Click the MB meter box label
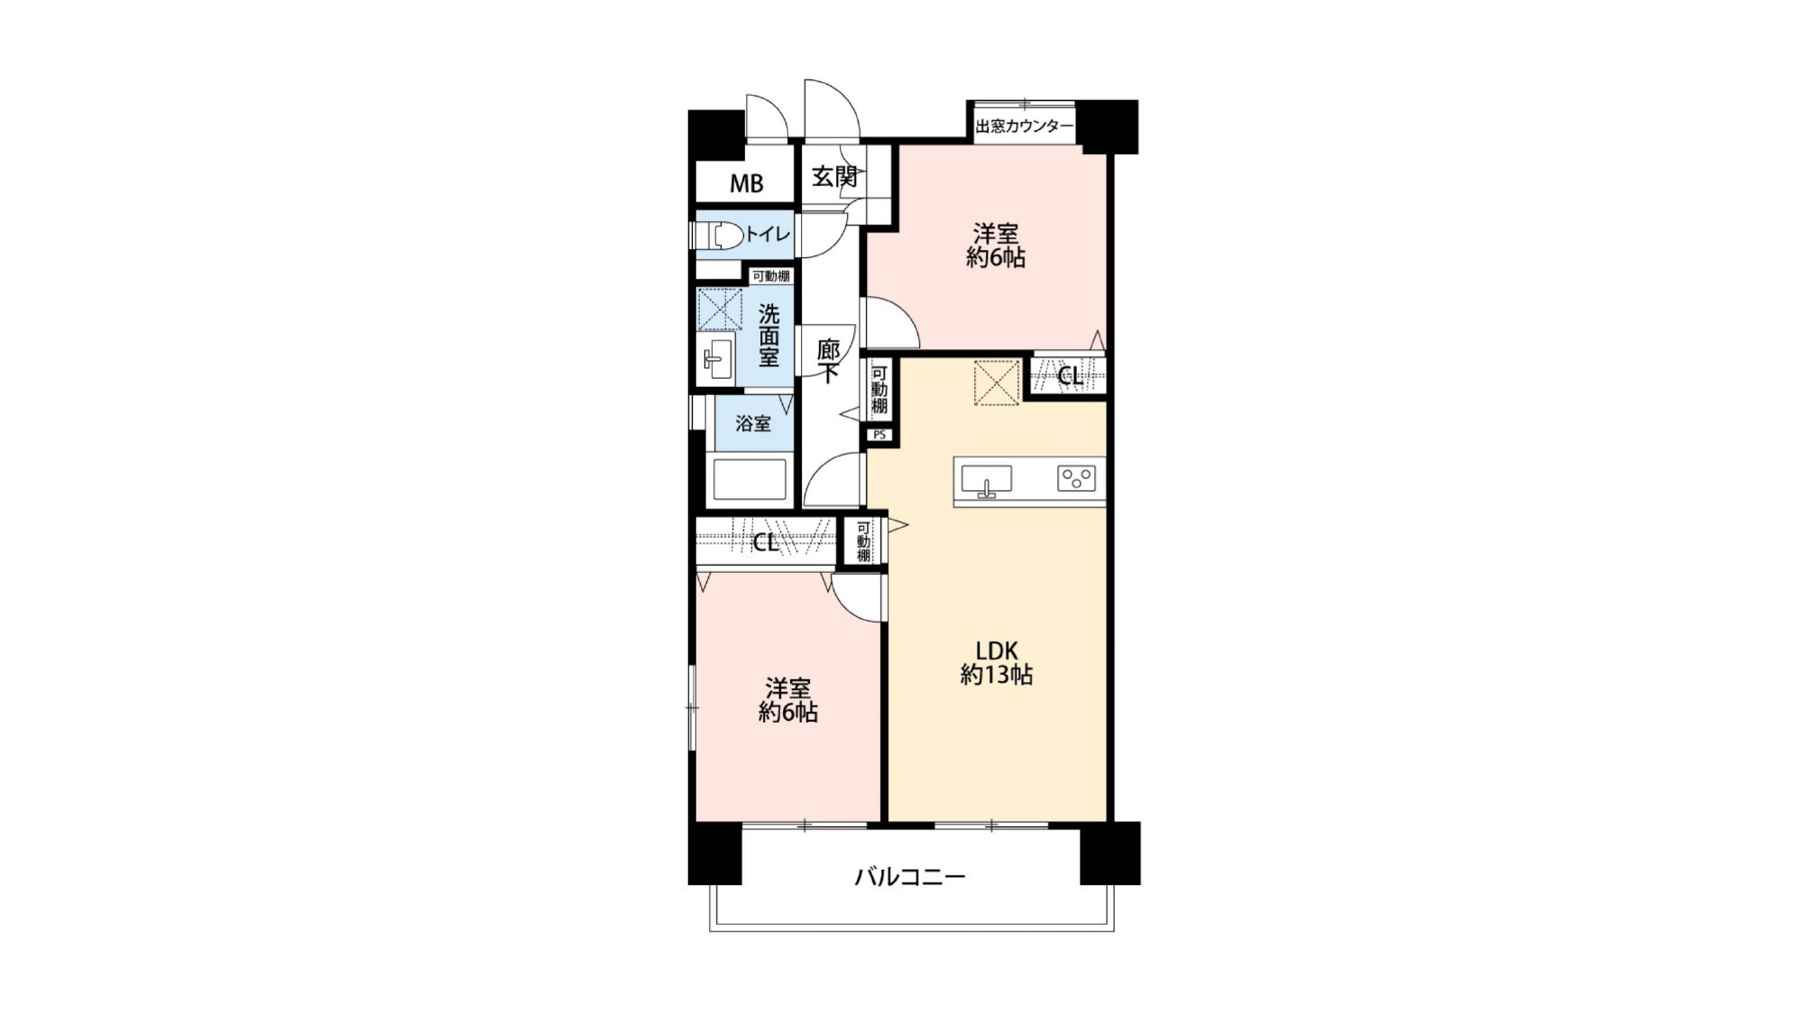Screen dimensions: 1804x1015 746,184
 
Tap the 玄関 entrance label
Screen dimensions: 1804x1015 834,177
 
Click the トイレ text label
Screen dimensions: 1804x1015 768,235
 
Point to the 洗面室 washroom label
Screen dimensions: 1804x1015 769,336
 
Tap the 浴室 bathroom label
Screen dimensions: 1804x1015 753,423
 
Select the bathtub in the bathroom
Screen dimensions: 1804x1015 750,480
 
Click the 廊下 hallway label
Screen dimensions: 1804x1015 828,361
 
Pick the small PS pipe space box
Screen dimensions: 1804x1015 880,435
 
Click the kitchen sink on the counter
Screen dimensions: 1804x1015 987,480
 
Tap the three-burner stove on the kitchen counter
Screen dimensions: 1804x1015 1077,478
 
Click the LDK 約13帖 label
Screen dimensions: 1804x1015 996,662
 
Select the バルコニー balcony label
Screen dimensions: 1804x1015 910,876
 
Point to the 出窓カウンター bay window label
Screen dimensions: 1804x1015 1025,126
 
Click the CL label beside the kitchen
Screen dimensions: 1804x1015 1071,376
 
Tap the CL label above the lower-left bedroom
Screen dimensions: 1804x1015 766,543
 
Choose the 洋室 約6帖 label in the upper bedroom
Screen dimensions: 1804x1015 996,245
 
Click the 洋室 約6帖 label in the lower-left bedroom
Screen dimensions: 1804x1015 788,700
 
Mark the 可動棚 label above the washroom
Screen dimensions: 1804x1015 771,276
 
